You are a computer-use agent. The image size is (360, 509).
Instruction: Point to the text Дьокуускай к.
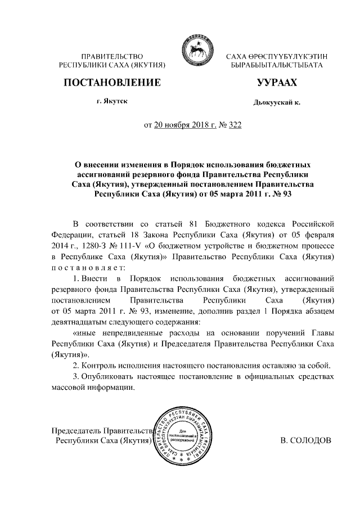pyautogui.click(x=276, y=102)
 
